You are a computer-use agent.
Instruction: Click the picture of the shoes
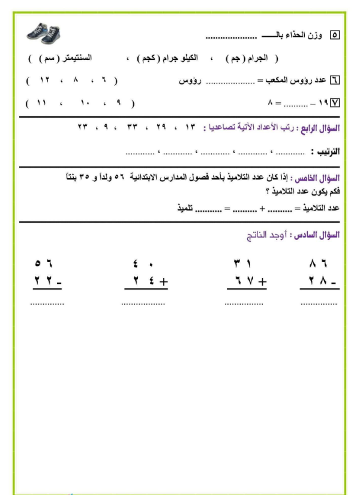[x=46, y=33]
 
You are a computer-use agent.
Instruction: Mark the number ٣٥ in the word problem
[x=92, y=178]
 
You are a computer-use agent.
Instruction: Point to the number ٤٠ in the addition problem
[x=142, y=262]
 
